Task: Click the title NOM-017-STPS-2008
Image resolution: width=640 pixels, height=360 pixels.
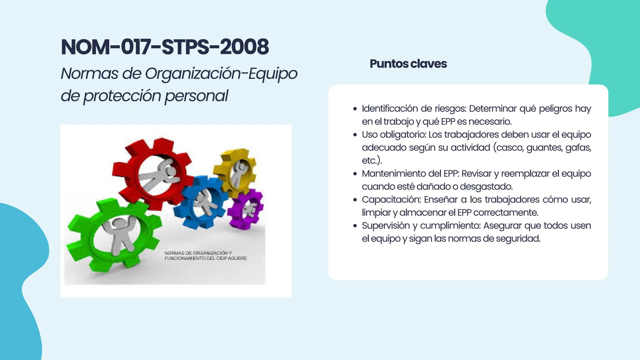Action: [x=165, y=47]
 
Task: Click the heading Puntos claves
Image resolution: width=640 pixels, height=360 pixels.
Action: [x=408, y=64]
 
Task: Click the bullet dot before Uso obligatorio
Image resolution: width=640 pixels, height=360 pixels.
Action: [x=355, y=135]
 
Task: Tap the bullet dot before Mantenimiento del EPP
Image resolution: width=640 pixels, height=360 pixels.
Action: [x=355, y=174]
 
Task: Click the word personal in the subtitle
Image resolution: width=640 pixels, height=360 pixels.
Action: [x=197, y=96]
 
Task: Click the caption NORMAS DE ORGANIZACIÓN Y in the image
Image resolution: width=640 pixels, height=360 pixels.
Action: [x=198, y=253]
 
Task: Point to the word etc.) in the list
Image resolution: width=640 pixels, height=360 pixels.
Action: [x=372, y=161]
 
